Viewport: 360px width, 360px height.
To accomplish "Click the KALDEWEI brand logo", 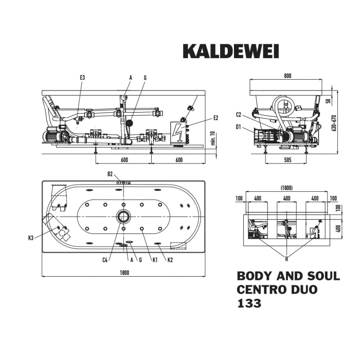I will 231,51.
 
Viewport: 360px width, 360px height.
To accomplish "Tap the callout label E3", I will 82,78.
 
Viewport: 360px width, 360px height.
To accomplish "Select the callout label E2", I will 215,118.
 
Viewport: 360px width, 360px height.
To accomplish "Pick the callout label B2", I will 110,174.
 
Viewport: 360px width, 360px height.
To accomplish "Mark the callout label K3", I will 31,238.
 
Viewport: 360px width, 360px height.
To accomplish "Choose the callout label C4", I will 104,260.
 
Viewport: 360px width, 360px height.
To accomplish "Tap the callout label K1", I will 154,260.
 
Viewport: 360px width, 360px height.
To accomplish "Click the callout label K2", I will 170,260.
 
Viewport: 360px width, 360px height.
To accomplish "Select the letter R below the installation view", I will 286,259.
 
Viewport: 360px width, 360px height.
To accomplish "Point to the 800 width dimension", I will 287,76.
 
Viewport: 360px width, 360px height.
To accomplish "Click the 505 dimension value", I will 287,160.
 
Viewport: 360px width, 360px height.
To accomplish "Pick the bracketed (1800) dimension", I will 287,188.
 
